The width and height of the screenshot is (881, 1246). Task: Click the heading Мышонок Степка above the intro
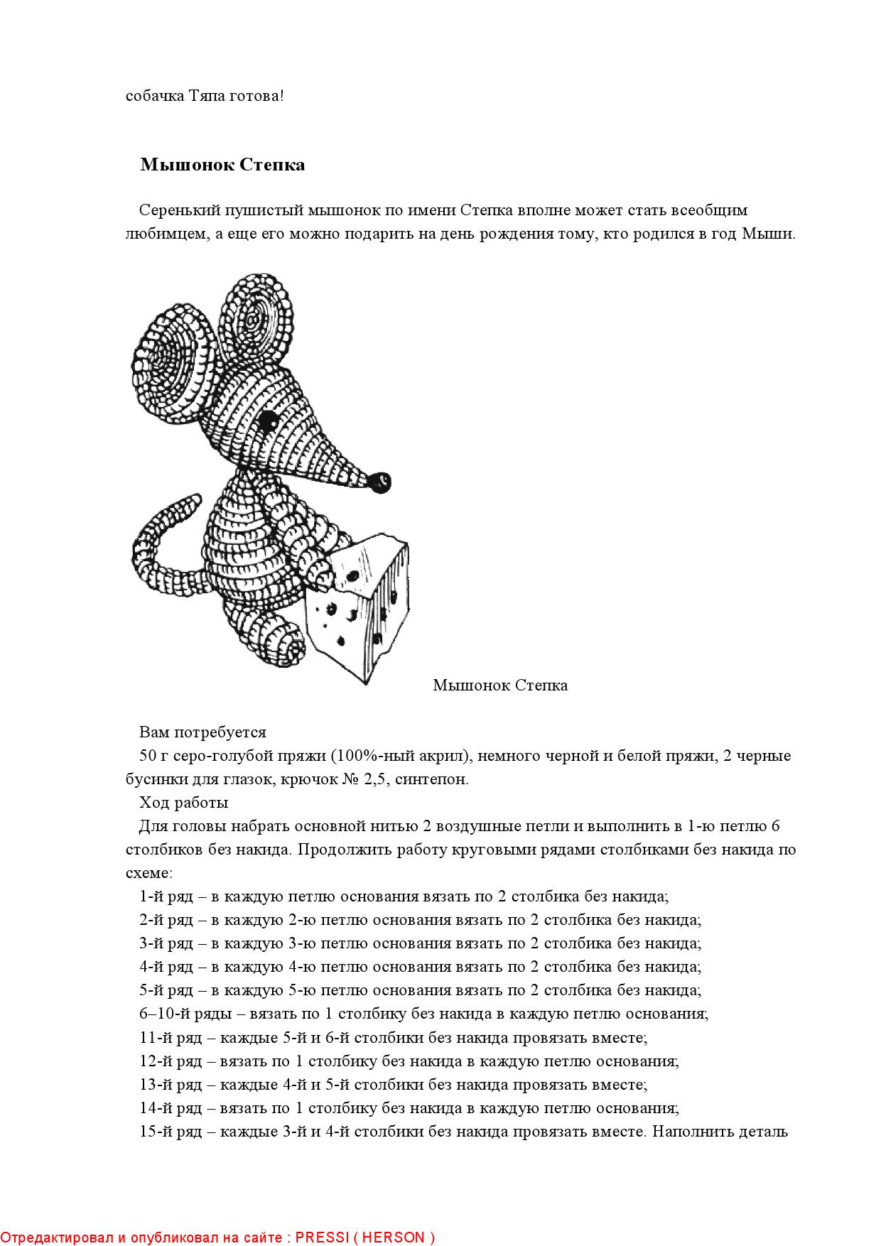tap(222, 165)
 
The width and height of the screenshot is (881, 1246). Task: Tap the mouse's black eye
tap(268, 421)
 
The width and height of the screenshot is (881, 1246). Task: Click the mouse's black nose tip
tap(381, 482)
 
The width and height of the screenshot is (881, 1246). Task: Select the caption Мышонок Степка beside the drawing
tap(500, 686)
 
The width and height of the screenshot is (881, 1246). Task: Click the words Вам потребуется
tap(202, 732)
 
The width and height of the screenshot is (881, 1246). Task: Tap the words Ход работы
tap(184, 803)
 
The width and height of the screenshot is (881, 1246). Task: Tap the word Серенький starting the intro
tap(179, 210)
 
